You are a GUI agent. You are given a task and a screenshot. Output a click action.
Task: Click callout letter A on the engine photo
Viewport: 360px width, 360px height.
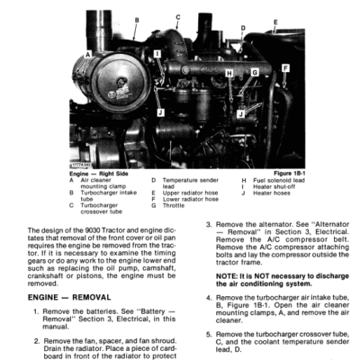point(86,53)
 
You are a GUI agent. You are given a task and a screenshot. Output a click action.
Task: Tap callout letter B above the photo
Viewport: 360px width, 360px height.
point(136,19)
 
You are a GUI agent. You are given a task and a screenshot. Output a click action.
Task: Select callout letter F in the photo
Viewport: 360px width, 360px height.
point(285,67)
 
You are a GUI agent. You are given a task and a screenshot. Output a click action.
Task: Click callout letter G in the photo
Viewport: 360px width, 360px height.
point(255,72)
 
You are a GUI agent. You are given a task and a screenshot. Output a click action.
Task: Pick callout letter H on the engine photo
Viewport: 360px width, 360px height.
point(229,73)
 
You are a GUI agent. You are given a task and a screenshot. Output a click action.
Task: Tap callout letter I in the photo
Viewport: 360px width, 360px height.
point(158,54)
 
